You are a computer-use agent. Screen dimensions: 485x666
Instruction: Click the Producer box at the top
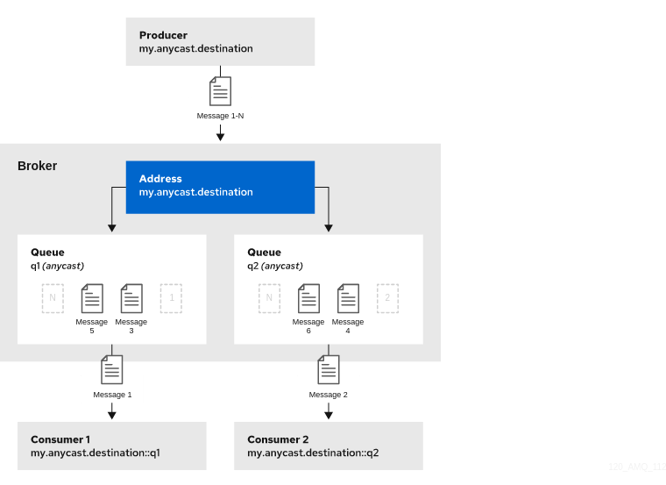[x=220, y=41]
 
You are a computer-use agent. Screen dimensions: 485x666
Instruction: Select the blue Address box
[x=220, y=186]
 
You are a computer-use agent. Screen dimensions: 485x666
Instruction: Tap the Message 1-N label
[x=220, y=116]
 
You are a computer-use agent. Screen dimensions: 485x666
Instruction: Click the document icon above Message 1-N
[x=220, y=91]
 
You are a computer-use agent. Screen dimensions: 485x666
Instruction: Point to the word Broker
[x=38, y=166]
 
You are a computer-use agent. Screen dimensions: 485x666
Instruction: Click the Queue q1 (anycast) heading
[x=57, y=259]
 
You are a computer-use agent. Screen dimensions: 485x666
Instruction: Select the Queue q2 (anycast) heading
[x=274, y=259]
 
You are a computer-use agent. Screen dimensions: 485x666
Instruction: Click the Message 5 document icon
[x=92, y=298]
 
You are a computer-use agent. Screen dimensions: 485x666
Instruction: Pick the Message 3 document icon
[x=131, y=298]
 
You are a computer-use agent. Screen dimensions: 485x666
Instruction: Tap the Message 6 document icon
[x=308, y=298]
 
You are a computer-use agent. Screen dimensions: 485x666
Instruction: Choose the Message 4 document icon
[x=348, y=298]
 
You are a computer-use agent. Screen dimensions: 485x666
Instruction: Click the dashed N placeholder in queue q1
[x=53, y=298]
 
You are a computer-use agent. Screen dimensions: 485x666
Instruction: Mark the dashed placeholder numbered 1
[x=171, y=298]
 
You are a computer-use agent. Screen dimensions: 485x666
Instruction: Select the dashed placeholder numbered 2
[x=387, y=298]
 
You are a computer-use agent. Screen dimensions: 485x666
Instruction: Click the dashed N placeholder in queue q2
[x=269, y=298]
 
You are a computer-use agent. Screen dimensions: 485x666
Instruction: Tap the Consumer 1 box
[x=112, y=446]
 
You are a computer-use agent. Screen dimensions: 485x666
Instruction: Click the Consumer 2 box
[x=329, y=446]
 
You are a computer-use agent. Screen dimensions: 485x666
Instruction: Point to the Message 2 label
[x=329, y=395]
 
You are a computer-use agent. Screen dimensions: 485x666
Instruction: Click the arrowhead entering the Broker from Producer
[x=220, y=137]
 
